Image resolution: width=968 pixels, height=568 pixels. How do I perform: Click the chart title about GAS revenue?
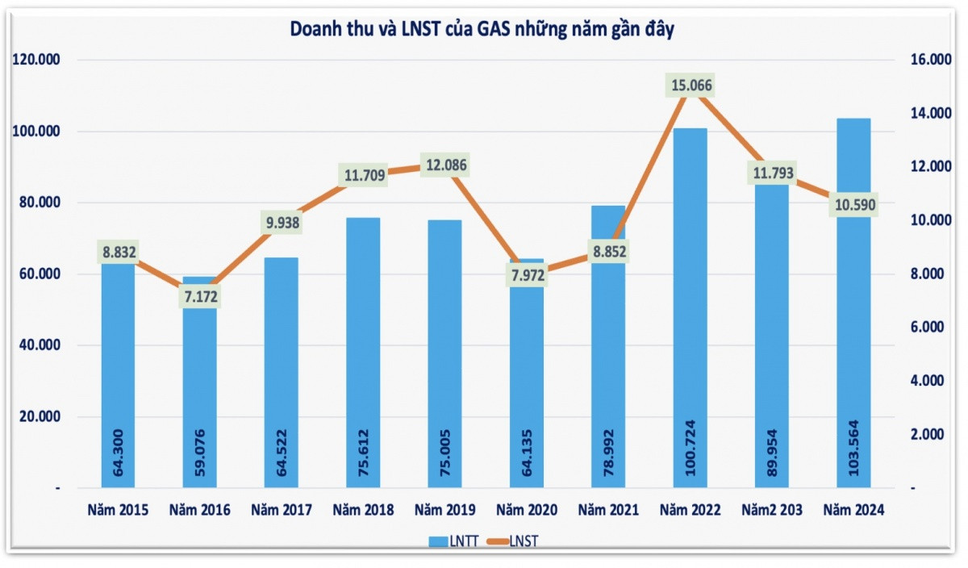coord(482,30)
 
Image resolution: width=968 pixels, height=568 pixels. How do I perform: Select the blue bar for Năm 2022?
coord(690,323)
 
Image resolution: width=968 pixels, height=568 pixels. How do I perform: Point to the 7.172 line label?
coord(199,297)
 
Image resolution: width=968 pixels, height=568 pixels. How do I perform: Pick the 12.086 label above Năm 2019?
coord(444,166)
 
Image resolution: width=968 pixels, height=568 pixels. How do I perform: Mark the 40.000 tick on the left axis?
coord(39,345)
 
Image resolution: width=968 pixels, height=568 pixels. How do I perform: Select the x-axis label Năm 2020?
coord(527,510)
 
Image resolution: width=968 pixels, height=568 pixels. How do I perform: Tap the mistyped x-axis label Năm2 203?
coord(772,510)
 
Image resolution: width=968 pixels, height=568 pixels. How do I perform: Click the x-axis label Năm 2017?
coord(282,510)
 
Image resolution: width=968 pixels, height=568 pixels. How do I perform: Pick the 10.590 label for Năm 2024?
coord(854,206)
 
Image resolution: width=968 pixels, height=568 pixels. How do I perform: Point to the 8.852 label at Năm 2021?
coord(608,252)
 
